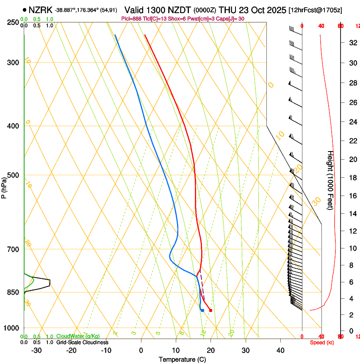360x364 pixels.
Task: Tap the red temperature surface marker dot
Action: pos(210,311)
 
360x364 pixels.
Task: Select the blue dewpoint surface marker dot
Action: pos(202,311)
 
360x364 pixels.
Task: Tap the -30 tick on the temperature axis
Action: pos(36,350)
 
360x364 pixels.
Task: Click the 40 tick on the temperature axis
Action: pos(280,350)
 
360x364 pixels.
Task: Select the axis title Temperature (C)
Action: pos(182,359)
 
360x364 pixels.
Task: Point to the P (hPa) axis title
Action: pos(4,185)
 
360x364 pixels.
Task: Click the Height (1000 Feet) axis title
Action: pos(330,180)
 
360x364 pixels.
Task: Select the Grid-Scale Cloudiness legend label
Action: pos(82,342)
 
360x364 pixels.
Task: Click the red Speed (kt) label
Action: pos(322,342)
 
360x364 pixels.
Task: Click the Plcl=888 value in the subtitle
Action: pos(131,19)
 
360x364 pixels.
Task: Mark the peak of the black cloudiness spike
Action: pos(50,282)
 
